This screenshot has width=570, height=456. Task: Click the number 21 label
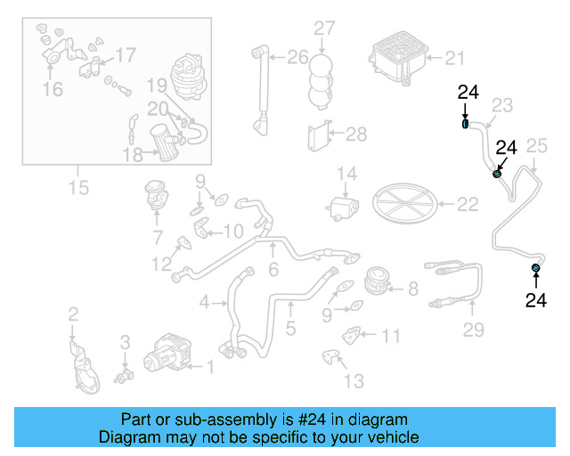(454, 59)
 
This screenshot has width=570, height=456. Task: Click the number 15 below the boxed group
(78, 188)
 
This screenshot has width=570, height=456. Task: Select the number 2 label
(73, 313)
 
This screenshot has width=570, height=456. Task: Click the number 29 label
(473, 330)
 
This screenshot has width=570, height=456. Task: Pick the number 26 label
(297, 59)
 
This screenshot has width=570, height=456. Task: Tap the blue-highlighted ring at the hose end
(536, 268)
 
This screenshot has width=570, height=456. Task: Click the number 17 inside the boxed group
(126, 55)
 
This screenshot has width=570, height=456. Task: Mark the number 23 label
(502, 106)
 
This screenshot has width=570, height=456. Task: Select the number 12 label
(161, 264)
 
